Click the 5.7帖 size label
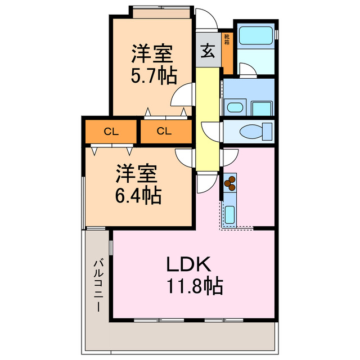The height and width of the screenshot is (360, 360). (153, 76)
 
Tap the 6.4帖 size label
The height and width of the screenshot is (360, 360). (138, 196)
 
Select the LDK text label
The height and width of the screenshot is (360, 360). (188, 264)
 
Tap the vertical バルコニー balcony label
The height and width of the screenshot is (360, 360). (98, 286)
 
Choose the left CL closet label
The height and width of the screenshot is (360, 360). (111, 132)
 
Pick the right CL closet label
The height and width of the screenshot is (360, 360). (164, 132)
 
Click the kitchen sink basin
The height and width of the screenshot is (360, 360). (230, 215)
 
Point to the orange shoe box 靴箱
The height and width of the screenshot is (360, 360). (227, 51)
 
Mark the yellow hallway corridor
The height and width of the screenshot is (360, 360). (207, 118)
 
